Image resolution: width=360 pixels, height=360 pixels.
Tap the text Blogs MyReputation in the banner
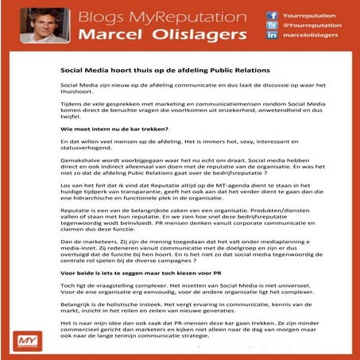[x=170, y=16]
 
